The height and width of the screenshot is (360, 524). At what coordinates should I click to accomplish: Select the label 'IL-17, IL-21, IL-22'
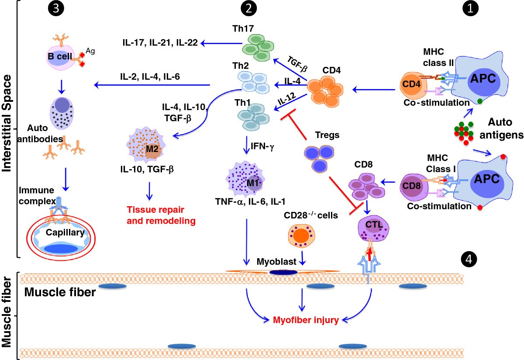tap(160, 42)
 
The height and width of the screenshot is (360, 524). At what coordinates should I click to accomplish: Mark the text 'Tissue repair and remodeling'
tap(160, 216)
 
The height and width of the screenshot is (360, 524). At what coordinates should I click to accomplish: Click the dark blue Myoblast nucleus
tap(284, 273)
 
